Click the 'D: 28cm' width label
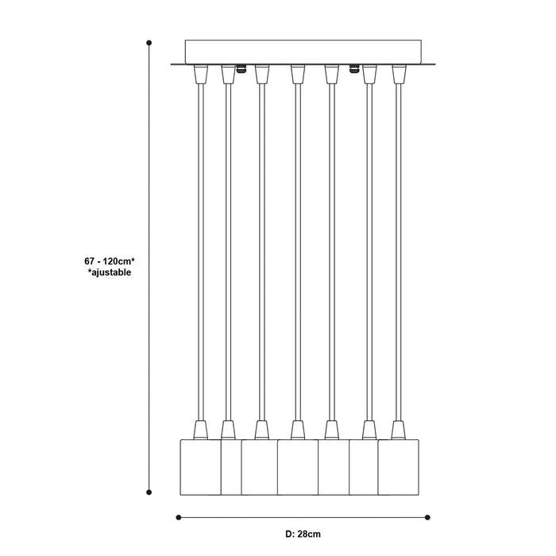tap(303, 534)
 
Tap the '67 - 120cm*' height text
tap(110, 261)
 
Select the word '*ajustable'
tap(110, 272)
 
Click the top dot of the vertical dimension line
tap(149, 43)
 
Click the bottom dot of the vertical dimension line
tap(149, 492)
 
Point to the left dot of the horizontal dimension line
tap(179, 517)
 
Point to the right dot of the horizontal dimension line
tap(427, 517)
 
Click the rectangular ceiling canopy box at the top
tap(303, 52)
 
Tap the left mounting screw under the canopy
tap(241, 69)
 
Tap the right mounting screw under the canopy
tap(354, 69)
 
